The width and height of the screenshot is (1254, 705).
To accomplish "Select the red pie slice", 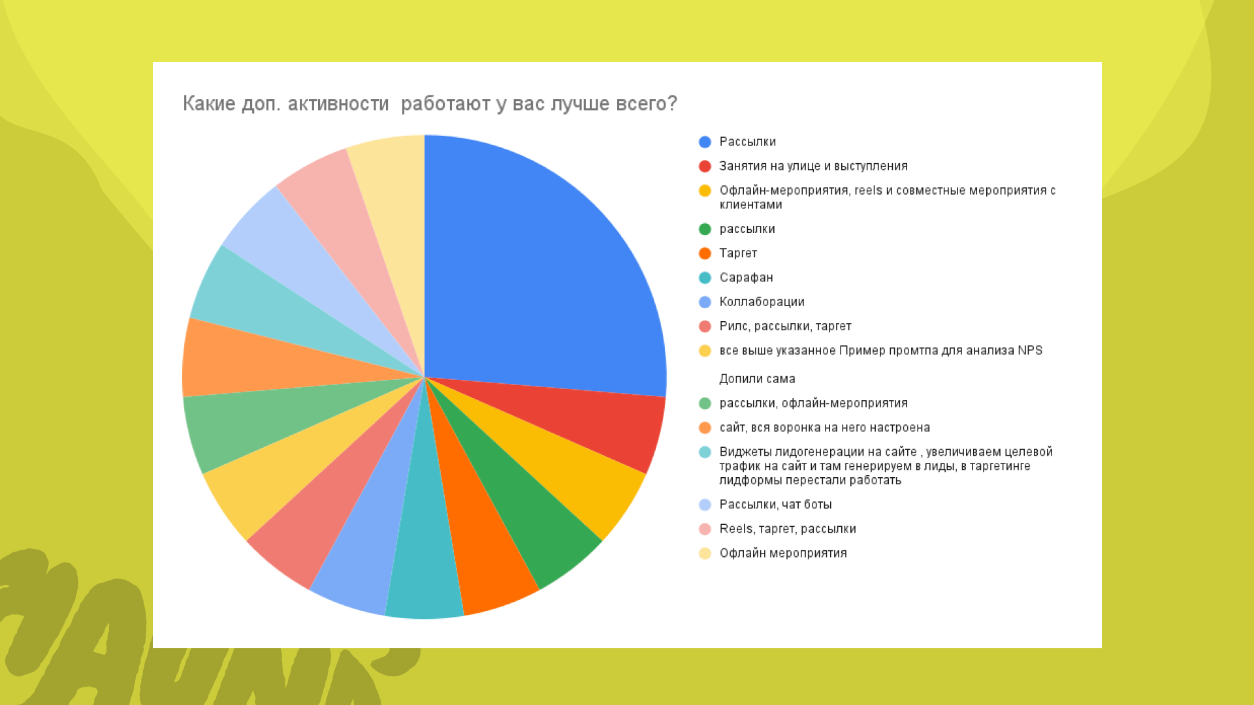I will click(x=588, y=418).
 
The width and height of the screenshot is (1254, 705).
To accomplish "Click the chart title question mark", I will click(x=672, y=104).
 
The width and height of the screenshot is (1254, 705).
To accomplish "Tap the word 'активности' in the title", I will click(x=338, y=104).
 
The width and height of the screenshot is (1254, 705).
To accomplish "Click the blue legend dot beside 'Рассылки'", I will click(x=705, y=142).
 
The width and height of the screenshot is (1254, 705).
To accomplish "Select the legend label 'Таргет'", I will click(x=738, y=253).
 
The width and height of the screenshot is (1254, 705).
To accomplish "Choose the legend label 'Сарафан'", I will click(x=746, y=277).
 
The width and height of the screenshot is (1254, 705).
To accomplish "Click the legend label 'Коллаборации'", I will click(x=762, y=302).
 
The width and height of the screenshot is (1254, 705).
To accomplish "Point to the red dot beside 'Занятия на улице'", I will click(x=705, y=166).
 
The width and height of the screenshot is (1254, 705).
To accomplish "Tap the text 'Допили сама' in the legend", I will click(x=757, y=379).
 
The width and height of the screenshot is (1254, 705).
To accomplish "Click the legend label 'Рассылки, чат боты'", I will click(x=775, y=505).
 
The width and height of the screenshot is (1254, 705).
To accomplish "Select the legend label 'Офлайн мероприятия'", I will click(x=783, y=554).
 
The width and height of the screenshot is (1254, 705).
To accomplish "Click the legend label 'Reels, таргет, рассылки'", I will click(x=788, y=529).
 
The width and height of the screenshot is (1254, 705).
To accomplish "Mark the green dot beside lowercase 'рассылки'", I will click(x=705, y=229).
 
